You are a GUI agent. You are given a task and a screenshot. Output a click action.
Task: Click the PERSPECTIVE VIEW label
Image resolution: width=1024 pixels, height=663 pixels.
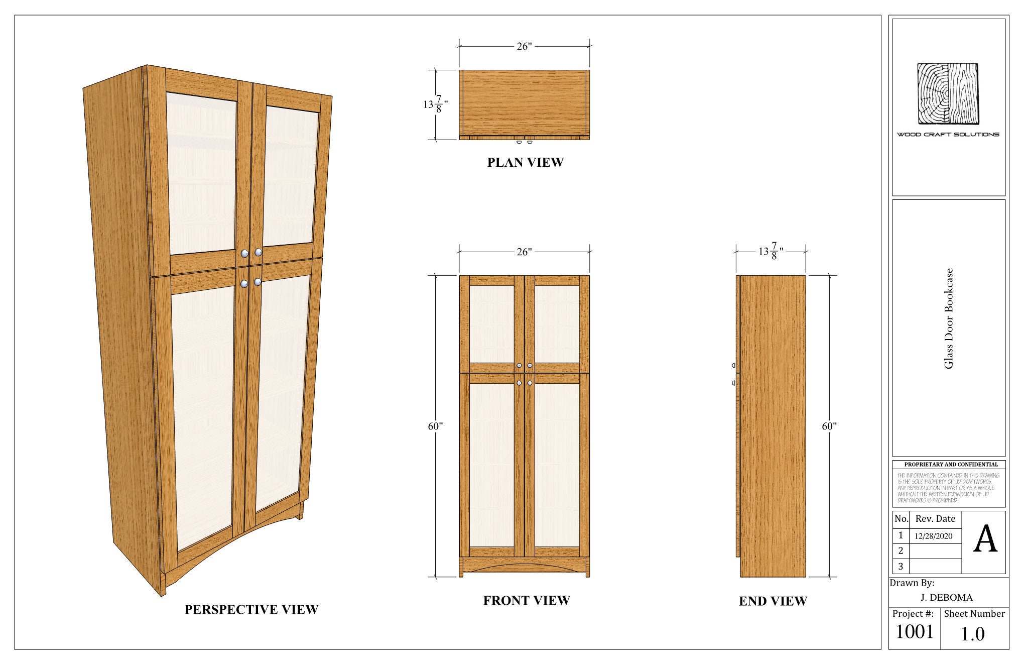[x=251, y=609]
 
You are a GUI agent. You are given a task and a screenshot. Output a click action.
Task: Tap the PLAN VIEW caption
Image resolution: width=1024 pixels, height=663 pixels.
[x=525, y=162]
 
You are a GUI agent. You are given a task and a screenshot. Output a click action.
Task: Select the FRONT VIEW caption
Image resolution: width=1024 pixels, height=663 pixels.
[x=526, y=600]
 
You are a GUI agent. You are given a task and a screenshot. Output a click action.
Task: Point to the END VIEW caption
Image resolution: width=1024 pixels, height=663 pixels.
[x=773, y=601]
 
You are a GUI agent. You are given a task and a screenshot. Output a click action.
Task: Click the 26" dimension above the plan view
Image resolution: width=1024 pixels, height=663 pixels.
[x=524, y=46]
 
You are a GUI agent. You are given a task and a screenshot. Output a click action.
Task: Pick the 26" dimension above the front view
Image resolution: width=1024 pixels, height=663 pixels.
[x=524, y=252]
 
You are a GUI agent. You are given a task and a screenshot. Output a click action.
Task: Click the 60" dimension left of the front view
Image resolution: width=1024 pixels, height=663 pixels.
[x=435, y=426]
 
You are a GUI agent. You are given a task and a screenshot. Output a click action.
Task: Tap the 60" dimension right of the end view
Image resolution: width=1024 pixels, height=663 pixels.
[x=829, y=426]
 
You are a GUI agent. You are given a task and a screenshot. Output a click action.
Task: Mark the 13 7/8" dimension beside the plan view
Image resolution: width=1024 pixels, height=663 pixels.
[x=435, y=104]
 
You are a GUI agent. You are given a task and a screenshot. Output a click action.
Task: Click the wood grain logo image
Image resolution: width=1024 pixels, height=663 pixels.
[x=948, y=94]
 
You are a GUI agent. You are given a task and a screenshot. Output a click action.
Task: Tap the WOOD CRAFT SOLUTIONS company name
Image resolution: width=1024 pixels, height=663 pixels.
[x=948, y=134]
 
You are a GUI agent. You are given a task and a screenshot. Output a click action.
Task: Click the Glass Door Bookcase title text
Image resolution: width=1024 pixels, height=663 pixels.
[x=948, y=319]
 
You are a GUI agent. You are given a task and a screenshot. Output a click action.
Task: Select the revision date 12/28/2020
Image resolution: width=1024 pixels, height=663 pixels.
[x=933, y=536]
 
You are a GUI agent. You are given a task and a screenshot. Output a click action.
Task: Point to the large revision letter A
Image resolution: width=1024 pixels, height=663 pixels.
[x=985, y=540]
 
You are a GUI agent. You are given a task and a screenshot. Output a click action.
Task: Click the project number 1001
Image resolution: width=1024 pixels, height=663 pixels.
[x=915, y=632]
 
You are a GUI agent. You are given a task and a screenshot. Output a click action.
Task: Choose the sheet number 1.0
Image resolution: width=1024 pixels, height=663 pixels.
[x=973, y=634]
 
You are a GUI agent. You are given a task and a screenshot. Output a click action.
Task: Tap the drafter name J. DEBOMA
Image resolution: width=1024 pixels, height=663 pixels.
[x=946, y=597]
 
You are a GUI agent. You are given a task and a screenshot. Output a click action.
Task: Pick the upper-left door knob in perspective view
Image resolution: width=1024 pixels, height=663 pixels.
[x=244, y=254]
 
